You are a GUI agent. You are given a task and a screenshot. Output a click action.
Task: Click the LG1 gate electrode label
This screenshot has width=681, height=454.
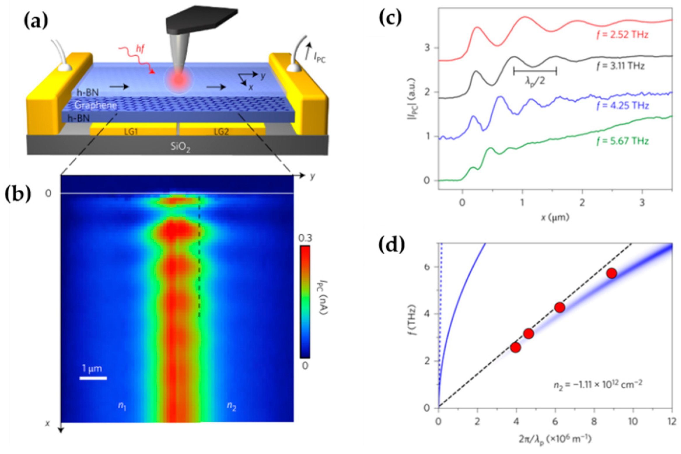tap(131, 132)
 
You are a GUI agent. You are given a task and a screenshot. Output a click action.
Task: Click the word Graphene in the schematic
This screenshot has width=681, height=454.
tap(95, 105)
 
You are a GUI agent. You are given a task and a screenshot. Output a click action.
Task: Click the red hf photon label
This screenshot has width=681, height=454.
tap(140, 50)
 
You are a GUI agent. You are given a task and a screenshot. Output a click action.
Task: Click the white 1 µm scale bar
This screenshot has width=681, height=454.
tap(93, 378)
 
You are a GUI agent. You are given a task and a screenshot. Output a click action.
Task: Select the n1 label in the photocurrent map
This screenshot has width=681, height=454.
tap(122, 406)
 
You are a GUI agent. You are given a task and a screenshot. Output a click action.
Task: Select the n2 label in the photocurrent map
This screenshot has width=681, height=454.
tap(231, 406)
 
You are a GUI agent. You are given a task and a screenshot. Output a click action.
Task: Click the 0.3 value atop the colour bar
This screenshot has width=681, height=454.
tap(305, 238)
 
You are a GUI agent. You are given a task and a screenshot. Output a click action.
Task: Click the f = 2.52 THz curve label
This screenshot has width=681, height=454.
tap(622, 35)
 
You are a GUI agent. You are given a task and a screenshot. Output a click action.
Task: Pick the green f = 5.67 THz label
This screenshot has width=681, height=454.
tap(622, 141)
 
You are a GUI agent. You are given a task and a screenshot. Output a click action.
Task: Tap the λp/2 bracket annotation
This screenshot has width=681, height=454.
tap(535, 71)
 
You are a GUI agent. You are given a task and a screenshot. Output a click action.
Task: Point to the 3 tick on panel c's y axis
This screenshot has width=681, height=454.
tap(427, 48)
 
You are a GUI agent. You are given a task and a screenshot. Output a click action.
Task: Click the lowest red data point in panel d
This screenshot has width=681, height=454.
tap(516, 348)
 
